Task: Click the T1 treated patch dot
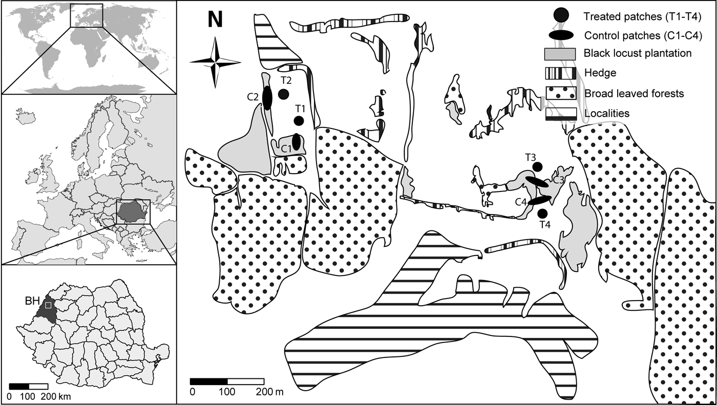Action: coord(299,121)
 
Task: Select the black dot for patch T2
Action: coord(283,94)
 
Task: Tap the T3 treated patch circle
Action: coord(537,166)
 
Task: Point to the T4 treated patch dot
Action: coord(543,213)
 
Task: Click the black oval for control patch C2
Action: coord(267,97)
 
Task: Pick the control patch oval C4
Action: coord(539,200)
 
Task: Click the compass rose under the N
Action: coord(215,62)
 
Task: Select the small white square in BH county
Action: coord(48,305)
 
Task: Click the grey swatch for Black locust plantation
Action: coord(561,54)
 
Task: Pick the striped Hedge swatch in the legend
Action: coord(561,73)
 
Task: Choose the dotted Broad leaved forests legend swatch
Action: coord(561,93)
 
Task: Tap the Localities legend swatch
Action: coord(561,114)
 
